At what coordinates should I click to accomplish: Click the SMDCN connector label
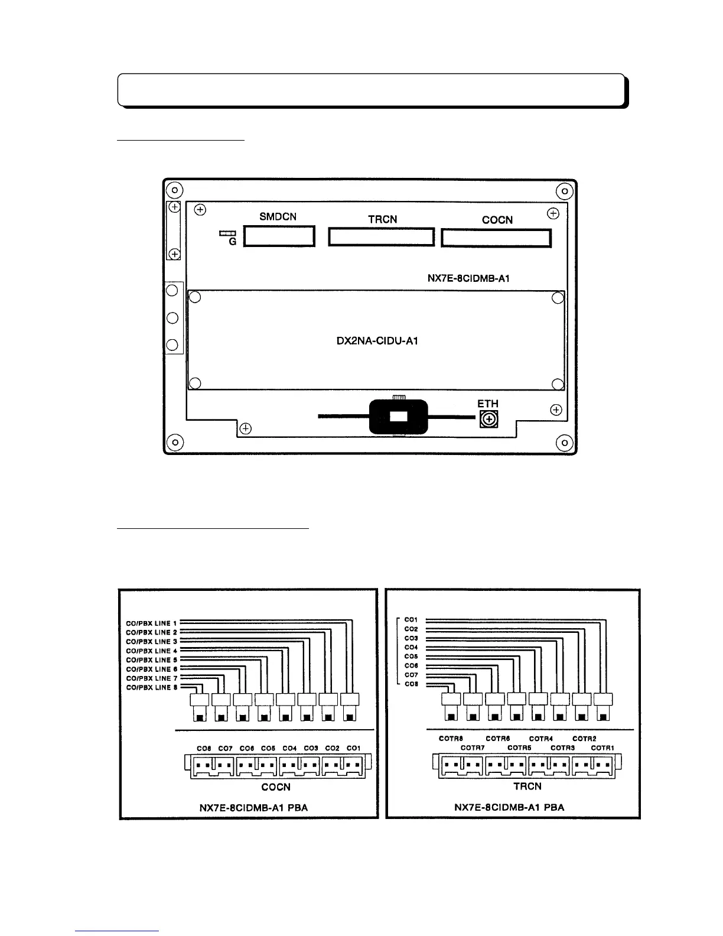[278, 217]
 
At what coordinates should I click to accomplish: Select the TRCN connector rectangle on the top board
[382, 238]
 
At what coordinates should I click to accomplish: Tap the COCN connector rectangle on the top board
[496, 238]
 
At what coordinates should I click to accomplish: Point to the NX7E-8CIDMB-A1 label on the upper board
[468, 279]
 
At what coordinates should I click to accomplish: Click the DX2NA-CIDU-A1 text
[377, 341]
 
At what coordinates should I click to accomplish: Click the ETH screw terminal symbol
[488, 420]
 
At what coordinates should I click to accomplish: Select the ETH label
[488, 404]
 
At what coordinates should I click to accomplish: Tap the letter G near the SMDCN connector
[232, 242]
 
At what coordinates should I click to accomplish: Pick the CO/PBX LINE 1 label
[152, 623]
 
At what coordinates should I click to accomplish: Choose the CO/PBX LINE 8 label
[152, 687]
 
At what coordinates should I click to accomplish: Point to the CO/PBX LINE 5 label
[152, 660]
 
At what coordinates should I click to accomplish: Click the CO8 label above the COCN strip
[204, 748]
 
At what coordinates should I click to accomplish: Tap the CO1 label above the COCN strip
[353, 748]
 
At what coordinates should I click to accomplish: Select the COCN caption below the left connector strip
[276, 786]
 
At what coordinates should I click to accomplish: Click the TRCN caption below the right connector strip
[527, 786]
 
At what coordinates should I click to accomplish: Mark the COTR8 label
[451, 739]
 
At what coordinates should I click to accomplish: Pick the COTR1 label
[602, 748]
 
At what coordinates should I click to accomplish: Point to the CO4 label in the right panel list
[411, 648]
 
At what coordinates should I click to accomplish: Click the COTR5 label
[519, 748]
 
